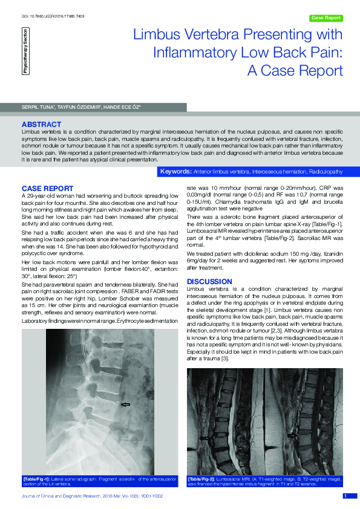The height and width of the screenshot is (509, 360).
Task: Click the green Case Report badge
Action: click(326, 18)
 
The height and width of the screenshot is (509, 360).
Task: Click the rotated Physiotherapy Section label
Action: click(25, 50)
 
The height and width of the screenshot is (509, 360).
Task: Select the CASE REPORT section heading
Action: click(47, 189)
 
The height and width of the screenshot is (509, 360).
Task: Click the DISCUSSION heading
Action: click(209, 282)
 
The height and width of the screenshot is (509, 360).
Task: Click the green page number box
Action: click(345, 496)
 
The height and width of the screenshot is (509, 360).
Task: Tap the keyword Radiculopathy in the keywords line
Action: click(325, 172)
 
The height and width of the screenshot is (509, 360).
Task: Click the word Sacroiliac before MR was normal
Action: click(292, 254)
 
